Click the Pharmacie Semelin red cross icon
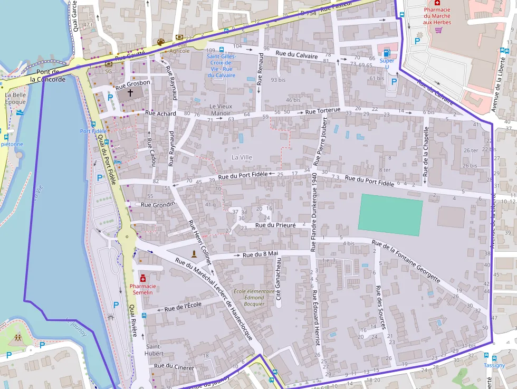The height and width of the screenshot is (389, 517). (x=143, y=278)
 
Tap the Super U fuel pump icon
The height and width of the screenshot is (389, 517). (x=387, y=52)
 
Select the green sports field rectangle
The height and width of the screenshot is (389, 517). (x=390, y=214)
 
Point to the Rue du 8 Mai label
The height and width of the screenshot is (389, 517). (x=260, y=254)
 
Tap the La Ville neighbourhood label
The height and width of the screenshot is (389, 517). (x=242, y=157)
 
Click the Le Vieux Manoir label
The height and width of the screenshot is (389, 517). (x=221, y=109)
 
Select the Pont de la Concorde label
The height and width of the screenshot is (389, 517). (x=48, y=75)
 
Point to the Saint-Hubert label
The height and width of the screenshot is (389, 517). (x=154, y=350)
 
